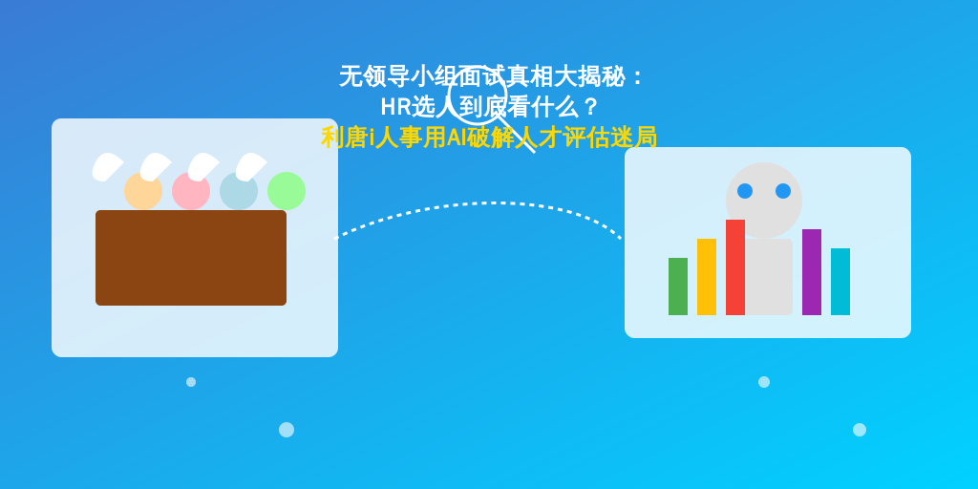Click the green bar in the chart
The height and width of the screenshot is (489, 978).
pyautogui.click(x=678, y=287)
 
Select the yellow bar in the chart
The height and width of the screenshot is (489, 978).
pyautogui.click(x=707, y=277)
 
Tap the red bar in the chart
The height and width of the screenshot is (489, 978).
pyautogui.click(x=735, y=267)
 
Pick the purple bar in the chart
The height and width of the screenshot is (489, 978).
pyautogui.click(x=812, y=272)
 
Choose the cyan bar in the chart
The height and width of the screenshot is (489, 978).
pyautogui.click(x=840, y=282)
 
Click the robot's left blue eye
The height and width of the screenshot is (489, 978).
pyautogui.click(x=745, y=191)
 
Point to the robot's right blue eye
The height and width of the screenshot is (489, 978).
pyautogui.click(x=783, y=191)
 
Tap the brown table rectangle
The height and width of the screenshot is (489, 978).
pyautogui.click(x=191, y=258)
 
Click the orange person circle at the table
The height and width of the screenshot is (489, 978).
pyautogui.click(x=143, y=191)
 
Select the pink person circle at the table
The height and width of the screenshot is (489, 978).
pyautogui.click(x=191, y=191)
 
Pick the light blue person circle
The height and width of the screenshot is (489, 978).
pyautogui.click(x=239, y=191)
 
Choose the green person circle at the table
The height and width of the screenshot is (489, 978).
pyautogui.click(x=287, y=191)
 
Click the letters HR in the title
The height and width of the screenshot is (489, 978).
pyautogui.click(x=396, y=107)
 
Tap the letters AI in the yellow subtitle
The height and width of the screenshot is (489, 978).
pyautogui.click(x=457, y=138)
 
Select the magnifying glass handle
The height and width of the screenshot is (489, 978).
pyautogui.click(x=517, y=134)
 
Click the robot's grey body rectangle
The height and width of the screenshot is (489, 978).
pyautogui.click(x=769, y=277)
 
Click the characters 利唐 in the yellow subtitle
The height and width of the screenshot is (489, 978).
pyautogui.click(x=344, y=138)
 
